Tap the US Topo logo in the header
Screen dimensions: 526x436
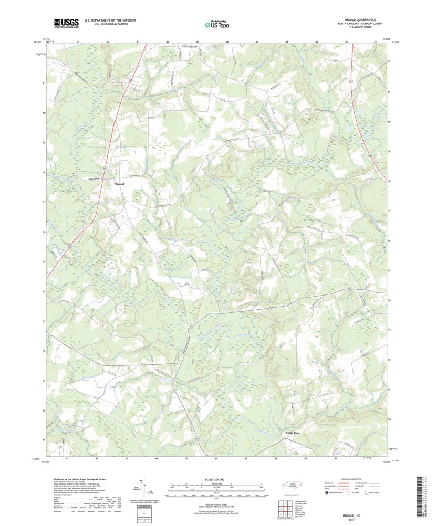pyautogui.click(x=217, y=23)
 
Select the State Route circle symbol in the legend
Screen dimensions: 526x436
pyautogui.click(x=368, y=492)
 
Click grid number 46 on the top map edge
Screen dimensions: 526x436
pyautogui.click(x=227, y=41)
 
